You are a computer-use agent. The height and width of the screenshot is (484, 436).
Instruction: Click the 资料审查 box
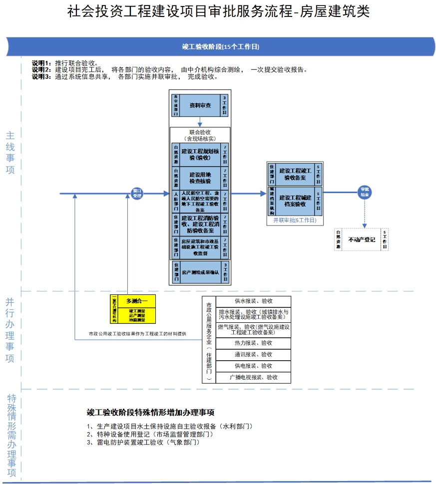coord(200,106)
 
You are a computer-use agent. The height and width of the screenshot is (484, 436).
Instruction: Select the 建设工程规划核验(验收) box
coord(200,154)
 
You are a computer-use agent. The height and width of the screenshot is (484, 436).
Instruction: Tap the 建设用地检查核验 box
coord(200,178)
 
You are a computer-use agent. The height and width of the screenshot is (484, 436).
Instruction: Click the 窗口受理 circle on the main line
coord(137,194)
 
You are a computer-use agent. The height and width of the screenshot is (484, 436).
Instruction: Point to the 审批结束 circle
coord(365,193)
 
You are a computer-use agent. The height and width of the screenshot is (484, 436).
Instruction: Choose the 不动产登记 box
coord(362,240)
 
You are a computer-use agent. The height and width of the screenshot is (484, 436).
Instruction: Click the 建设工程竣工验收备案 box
coord(295,174)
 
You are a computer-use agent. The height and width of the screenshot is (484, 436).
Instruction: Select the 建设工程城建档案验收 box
coord(295,201)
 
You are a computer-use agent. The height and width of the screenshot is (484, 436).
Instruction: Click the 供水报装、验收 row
coord(253,301)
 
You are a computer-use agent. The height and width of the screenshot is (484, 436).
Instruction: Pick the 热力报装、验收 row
coord(253,343)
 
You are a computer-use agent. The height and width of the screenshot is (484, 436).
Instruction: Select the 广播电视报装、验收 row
coord(253,378)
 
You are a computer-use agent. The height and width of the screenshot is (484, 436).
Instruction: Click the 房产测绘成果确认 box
coord(200,273)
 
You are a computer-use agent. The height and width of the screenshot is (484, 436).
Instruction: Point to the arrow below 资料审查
coord(200,122)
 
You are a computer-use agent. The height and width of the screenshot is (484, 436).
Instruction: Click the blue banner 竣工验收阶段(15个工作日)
coord(220,47)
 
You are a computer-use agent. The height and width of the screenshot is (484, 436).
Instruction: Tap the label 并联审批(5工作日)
coord(295,220)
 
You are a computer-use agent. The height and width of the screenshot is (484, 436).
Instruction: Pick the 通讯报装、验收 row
coord(253,355)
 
